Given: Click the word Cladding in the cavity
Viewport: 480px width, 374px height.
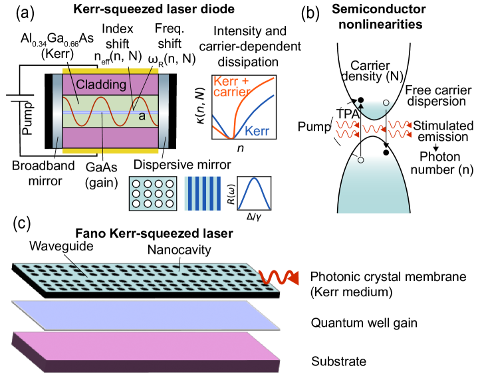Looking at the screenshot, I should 101,84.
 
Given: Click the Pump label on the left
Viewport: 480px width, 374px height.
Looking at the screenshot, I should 28,118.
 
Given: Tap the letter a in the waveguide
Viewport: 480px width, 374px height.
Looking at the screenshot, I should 142,116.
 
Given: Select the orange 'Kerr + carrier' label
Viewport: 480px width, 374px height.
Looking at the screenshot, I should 233,86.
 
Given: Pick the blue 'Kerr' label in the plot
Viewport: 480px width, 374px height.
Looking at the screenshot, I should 257,131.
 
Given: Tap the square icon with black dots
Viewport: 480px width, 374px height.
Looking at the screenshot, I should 152,193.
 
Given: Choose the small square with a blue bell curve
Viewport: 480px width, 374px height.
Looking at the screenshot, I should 254,193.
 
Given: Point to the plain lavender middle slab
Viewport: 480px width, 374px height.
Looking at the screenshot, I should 146,314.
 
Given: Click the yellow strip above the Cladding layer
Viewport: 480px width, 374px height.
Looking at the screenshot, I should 110,71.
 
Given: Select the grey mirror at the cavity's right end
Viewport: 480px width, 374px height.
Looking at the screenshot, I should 164,111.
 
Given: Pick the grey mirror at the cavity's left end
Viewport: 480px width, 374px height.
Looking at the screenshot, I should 58,111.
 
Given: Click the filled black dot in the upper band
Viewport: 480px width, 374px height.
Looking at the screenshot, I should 361,100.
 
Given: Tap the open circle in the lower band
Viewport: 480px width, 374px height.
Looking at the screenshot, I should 360,160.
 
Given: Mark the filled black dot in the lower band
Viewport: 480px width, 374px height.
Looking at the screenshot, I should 386,153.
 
